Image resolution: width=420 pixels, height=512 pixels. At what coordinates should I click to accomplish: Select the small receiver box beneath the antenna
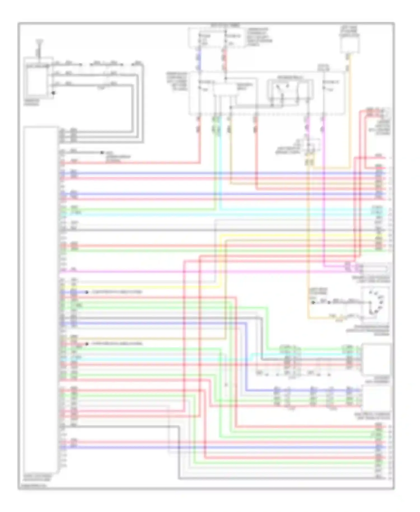point(36,81)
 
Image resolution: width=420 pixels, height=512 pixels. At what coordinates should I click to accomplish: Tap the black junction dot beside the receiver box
point(53,93)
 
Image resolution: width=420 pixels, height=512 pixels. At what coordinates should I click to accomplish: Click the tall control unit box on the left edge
point(41,300)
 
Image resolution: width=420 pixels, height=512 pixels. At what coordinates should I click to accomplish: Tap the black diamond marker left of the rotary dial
point(313,302)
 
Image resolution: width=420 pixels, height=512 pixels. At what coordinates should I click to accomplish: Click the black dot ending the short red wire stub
point(87,344)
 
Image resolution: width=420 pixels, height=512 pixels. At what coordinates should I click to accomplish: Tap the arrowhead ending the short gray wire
point(102,153)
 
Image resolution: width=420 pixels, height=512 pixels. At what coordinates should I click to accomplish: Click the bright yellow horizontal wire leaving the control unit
point(140,287)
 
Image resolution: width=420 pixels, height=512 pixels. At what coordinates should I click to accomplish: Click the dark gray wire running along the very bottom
point(280,478)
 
